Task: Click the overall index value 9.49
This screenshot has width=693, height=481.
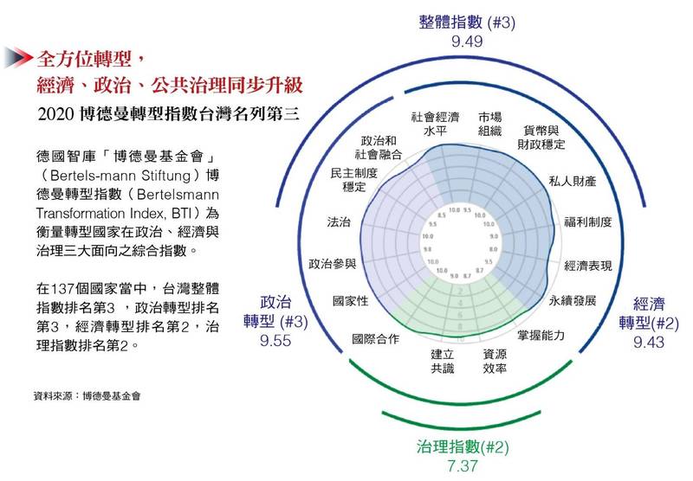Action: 467,42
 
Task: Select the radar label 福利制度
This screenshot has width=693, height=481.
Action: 589,222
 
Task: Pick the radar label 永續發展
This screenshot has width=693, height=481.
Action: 573,301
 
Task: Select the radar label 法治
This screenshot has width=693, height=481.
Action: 339,222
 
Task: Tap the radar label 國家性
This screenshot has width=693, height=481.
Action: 351,301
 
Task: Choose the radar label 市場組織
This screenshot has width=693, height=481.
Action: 490,124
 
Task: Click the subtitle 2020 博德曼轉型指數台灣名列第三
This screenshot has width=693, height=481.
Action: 161,113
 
